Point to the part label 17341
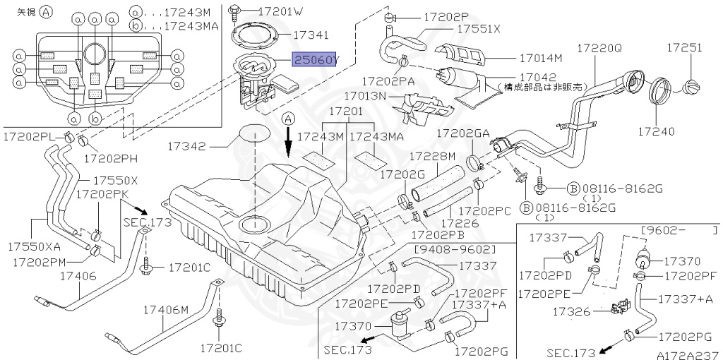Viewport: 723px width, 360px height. pos(311,34)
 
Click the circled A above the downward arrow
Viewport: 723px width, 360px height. pos(288,119)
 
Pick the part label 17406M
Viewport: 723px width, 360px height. pos(166,310)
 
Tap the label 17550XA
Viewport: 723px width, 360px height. pos(34,246)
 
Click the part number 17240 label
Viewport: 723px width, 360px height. pos(657,131)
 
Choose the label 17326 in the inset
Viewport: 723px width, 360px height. pos(570,311)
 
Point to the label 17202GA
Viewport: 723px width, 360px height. pos(462,133)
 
